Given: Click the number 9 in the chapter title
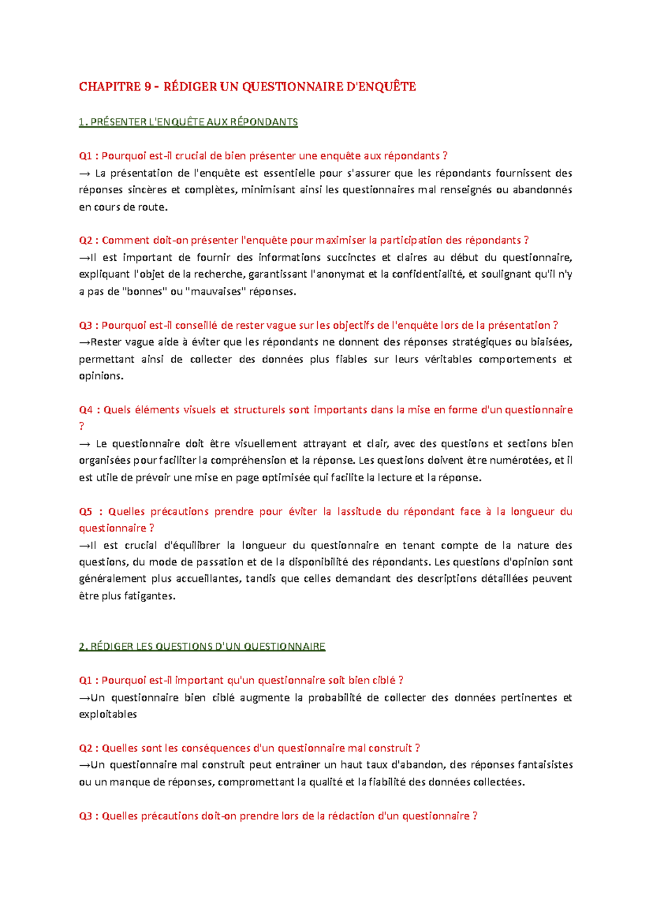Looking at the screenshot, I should (x=147, y=87).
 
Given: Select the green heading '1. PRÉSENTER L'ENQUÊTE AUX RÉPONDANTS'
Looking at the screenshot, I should (x=188, y=122).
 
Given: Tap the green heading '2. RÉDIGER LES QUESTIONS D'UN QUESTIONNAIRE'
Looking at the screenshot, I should (x=202, y=647).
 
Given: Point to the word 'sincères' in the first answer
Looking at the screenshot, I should (x=147, y=190).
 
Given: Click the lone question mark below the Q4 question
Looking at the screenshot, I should (x=82, y=426).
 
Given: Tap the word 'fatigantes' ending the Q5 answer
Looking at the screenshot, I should (x=149, y=596).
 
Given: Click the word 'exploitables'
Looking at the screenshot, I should (x=108, y=714).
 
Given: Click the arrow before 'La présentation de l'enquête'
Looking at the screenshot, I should (x=84, y=174).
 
